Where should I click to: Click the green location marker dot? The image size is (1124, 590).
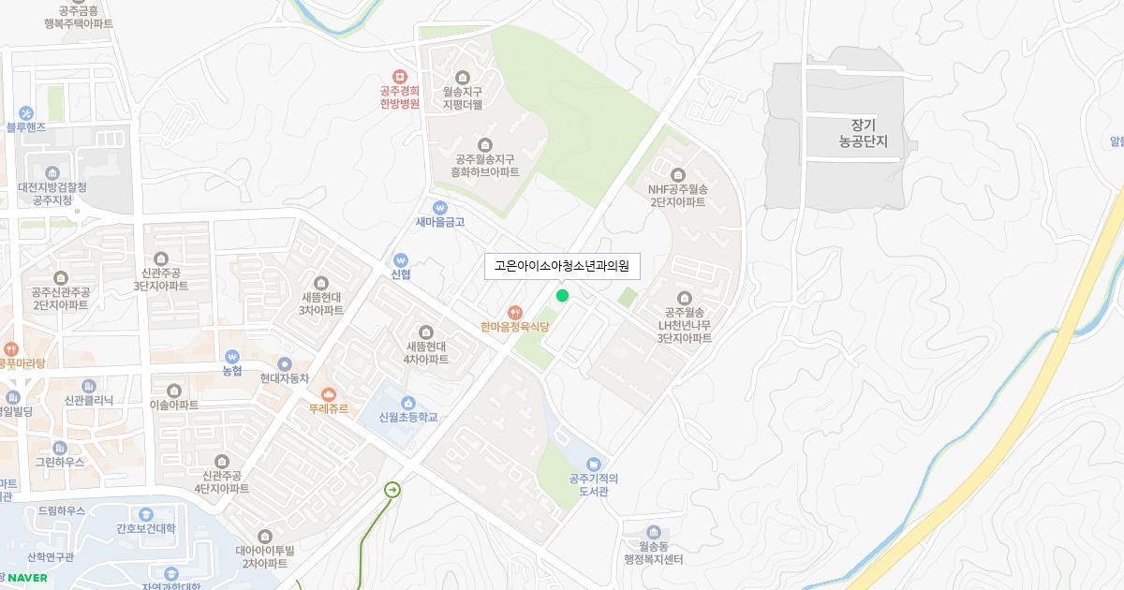[562, 296]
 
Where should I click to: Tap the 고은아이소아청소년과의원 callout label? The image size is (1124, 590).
[562, 266]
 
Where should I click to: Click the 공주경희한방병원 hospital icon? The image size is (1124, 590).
[400, 77]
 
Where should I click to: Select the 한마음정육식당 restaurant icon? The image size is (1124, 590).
[513, 311]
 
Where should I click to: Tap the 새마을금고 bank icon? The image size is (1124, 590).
[440, 207]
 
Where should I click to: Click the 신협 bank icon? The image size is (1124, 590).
[401, 259]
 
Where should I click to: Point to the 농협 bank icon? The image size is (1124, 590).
[232, 356]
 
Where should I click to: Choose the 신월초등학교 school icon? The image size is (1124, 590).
[408, 403]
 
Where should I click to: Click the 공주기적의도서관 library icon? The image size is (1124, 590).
[593, 464]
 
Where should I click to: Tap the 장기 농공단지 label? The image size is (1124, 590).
[863, 134]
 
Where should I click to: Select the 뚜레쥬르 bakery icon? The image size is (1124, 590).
[328, 394]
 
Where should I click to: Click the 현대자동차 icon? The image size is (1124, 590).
[285, 363]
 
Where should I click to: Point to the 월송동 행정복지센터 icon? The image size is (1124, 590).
[653, 532]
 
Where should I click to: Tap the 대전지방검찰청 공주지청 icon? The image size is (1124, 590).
[52, 172]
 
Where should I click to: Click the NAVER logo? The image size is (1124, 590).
[27, 577]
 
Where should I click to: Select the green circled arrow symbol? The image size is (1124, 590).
[392, 490]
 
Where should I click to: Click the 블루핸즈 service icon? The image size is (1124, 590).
[25, 112]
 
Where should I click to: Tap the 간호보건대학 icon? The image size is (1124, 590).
[145, 514]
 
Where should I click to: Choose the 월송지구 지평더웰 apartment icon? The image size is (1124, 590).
[462, 78]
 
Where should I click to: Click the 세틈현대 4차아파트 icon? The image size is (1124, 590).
[426, 332]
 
